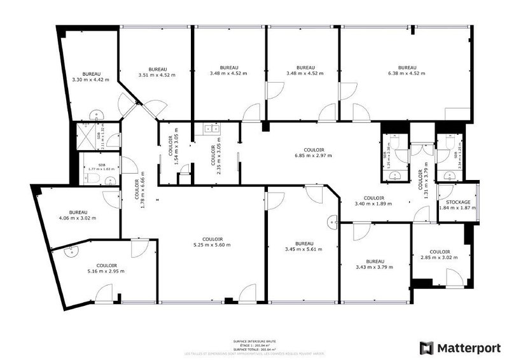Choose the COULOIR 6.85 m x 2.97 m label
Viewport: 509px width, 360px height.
312,152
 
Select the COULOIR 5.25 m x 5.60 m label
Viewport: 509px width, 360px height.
211,242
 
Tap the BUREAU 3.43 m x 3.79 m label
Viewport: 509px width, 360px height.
375,264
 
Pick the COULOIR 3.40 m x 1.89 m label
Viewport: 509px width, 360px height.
373,201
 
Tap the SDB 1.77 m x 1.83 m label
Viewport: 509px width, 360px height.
101,167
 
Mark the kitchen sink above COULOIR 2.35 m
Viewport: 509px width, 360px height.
211,129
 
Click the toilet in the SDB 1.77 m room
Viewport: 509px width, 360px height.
93,181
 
